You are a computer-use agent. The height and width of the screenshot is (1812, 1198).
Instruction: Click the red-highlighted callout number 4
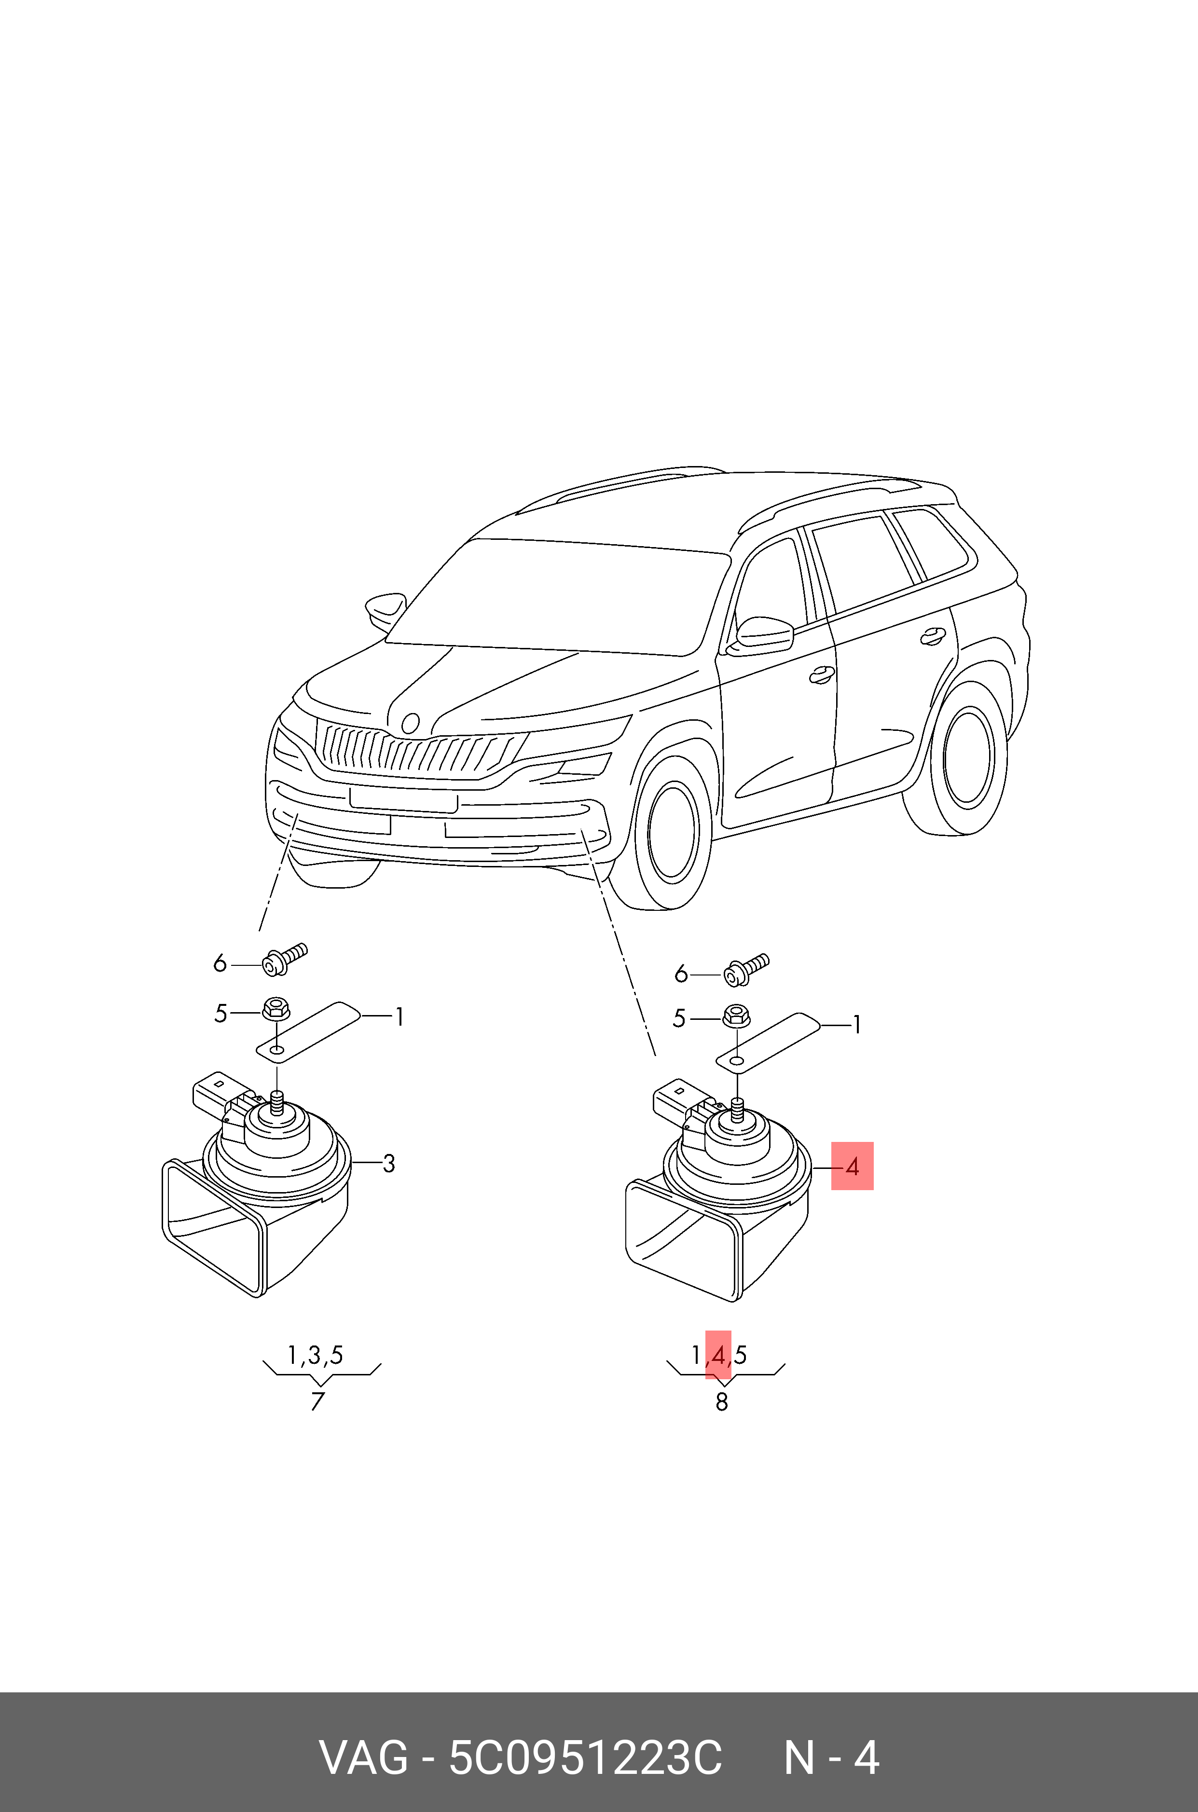coord(852,1167)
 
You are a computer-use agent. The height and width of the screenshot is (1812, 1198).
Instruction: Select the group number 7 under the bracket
coord(318,1401)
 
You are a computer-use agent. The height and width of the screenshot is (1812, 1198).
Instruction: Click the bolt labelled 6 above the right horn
coord(746,970)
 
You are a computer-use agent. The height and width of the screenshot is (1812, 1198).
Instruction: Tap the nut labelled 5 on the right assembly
coord(735,1015)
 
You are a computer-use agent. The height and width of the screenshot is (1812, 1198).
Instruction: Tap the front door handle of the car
coord(821,674)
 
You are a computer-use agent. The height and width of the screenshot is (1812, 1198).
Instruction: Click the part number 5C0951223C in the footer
coord(584,1758)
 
